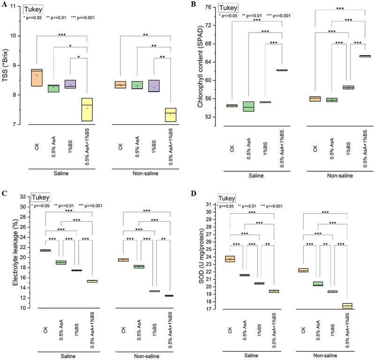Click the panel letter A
(x=4, y=4)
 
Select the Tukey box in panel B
(x=228, y=8)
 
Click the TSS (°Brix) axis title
(x=5, y=65)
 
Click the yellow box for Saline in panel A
(x=87, y=110)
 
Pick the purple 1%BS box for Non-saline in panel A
(x=154, y=86)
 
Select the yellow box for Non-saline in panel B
(x=365, y=56)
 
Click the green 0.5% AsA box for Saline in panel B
(x=248, y=106)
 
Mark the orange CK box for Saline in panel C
(x=45, y=250)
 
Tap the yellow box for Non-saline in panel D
(x=347, y=306)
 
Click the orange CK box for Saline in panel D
(x=230, y=259)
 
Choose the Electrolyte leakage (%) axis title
(x=15, y=252)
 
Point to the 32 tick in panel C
(x=23, y=197)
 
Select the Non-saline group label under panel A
(x=145, y=173)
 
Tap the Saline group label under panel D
(x=251, y=355)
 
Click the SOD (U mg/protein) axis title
(x=202, y=256)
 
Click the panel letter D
(x=194, y=193)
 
